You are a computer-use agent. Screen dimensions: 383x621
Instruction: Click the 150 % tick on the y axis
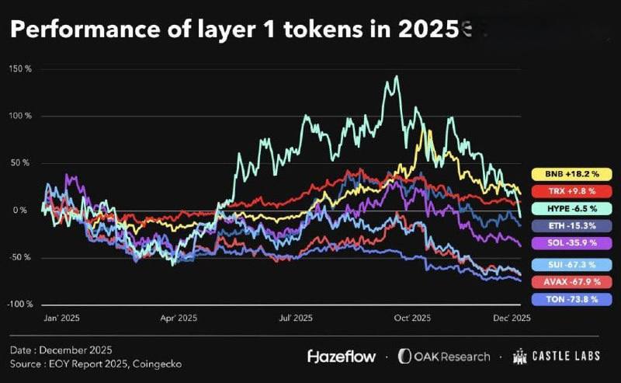[x=21, y=69]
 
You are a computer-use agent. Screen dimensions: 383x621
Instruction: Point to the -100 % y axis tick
[x=19, y=305]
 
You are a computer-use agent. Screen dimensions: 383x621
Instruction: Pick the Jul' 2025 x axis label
[x=295, y=318]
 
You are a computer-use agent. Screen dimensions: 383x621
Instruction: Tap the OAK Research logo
[x=444, y=357]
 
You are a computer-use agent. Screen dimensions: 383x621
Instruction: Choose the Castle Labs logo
[x=559, y=357]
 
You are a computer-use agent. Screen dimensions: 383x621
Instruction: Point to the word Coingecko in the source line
[x=158, y=363]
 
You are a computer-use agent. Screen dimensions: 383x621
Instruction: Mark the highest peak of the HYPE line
[x=397, y=76]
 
